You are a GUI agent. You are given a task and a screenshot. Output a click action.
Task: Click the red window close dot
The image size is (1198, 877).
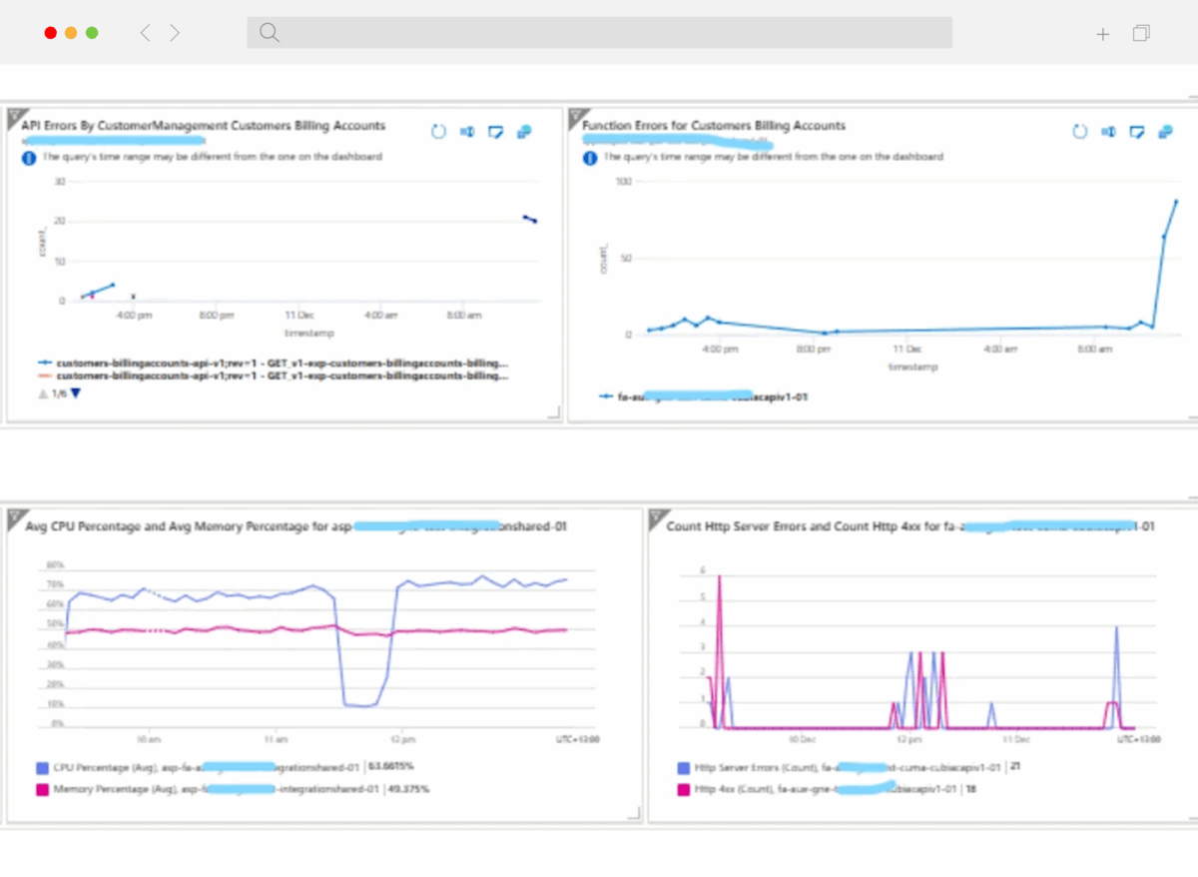tap(50, 33)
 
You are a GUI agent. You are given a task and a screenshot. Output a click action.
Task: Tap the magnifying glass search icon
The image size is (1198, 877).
tap(269, 32)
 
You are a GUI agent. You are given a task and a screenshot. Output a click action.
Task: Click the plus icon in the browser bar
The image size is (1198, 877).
tap(1102, 34)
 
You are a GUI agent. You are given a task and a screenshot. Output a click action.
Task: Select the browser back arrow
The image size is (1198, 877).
tap(145, 33)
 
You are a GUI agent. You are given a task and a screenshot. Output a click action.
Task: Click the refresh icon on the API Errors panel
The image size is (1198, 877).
tap(437, 132)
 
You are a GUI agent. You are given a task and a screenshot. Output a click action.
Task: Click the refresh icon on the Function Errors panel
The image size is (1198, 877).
tap(1078, 132)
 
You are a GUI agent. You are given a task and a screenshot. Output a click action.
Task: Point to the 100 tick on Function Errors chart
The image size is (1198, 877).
tap(624, 181)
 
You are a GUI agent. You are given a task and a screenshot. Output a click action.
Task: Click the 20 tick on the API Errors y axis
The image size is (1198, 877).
tap(60, 221)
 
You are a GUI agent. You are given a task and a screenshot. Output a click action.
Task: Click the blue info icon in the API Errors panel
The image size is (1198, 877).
tap(28, 157)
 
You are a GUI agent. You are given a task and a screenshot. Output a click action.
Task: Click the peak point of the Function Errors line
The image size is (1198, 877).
tap(1175, 201)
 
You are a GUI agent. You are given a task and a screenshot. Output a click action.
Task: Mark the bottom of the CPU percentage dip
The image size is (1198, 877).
tap(358, 705)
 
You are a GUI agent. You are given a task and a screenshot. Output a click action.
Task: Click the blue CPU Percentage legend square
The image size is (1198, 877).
tap(41, 768)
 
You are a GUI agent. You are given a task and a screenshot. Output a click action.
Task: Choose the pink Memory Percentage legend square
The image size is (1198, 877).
tap(41, 789)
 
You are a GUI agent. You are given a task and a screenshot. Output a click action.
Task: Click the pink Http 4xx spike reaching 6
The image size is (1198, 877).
tap(719, 576)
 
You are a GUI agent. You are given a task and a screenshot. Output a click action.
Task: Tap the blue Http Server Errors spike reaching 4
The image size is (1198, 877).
tap(1116, 628)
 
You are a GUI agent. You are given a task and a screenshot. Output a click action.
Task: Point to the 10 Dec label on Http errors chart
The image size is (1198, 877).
tap(802, 740)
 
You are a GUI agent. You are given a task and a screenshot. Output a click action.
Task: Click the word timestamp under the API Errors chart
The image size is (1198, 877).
tap(308, 333)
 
